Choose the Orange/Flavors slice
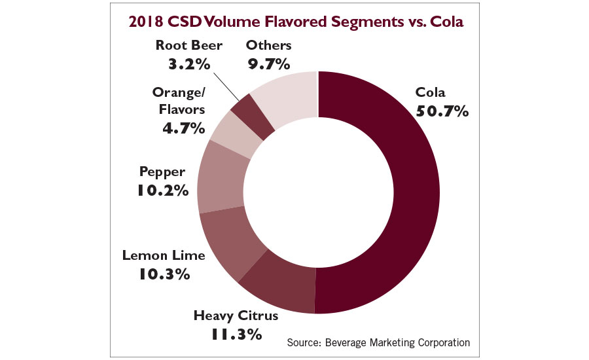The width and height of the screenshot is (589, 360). pyautogui.click(x=230, y=134)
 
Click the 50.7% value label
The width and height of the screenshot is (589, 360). pyautogui.click(x=442, y=111)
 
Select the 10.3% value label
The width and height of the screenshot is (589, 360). pyautogui.click(x=164, y=274)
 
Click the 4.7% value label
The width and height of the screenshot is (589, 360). pyautogui.click(x=185, y=128)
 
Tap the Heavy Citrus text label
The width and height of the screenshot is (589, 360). pyautogui.click(x=236, y=316)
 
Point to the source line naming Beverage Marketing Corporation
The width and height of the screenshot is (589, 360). pyautogui.click(x=378, y=342)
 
